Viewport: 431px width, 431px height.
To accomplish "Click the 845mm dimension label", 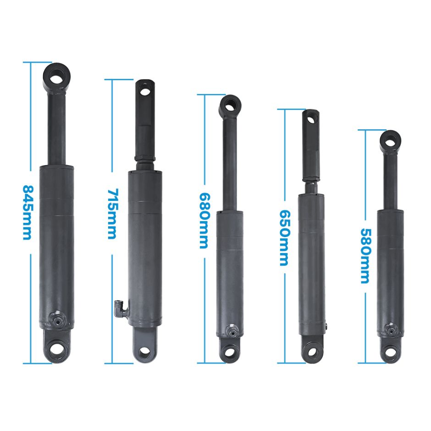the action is tap(28, 212).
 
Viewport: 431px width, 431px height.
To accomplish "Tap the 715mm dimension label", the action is tap(112, 214).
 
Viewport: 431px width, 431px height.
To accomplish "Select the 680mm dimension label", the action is tap(204, 221).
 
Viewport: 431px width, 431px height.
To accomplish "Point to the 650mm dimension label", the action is tap(285, 238).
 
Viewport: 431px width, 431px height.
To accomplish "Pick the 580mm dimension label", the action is tap(365, 256).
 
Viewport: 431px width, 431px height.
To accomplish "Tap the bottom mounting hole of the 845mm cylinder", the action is tap(56, 350).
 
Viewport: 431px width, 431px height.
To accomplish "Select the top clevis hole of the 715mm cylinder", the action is tap(145, 91).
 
